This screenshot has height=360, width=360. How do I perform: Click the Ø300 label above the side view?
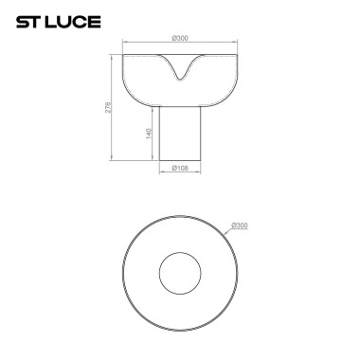point(181,39)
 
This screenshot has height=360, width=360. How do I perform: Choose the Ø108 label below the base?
point(181,170)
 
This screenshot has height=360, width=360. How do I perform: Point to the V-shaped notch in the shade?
point(181,74)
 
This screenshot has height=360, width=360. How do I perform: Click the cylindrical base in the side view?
point(181,133)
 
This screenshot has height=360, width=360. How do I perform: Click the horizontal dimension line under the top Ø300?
point(181,45)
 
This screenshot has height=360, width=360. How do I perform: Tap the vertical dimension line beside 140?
point(155,134)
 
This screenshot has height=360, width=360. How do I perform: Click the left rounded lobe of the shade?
point(140,80)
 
